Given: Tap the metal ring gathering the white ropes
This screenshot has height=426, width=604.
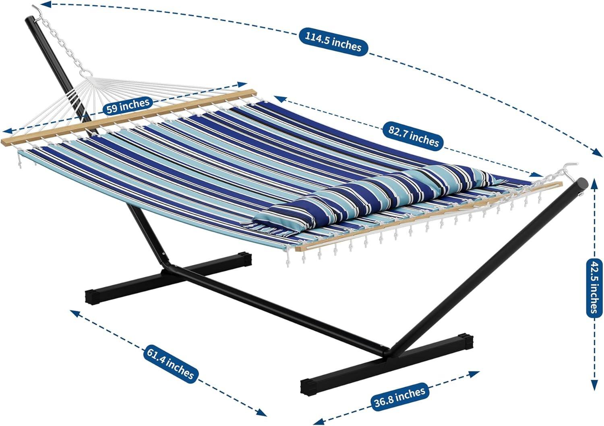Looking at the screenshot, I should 87,73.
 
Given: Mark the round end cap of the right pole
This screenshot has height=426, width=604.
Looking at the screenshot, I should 583,185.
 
